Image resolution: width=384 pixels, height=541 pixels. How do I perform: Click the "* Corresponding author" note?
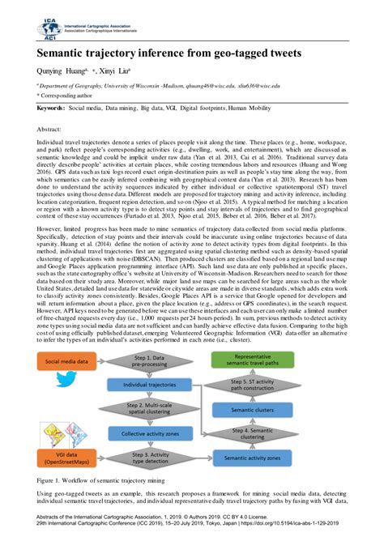(x=68, y=95)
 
